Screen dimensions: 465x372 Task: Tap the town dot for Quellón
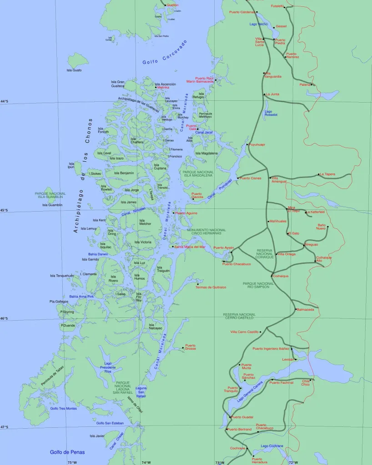coord(165,5)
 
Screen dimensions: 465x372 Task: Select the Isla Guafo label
coord(74,70)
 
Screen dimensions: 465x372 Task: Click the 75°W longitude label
coord(72,462)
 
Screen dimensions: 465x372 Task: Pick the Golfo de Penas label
coord(67,452)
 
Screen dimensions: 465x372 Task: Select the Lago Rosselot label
coord(271,113)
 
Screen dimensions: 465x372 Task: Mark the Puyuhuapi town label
coord(257,145)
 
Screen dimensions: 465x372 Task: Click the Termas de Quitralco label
coord(211,287)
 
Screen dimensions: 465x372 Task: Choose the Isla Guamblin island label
coord(52,205)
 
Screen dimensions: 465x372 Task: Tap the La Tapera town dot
coord(318,174)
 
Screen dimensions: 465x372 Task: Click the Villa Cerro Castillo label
coord(245,332)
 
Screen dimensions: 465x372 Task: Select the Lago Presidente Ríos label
coord(108,367)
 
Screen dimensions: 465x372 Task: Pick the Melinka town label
coord(163,88)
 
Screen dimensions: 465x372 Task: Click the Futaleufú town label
coord(277,6)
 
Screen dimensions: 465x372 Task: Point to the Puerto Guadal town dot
coord(230,417)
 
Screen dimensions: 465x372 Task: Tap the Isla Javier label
coord(97,436)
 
